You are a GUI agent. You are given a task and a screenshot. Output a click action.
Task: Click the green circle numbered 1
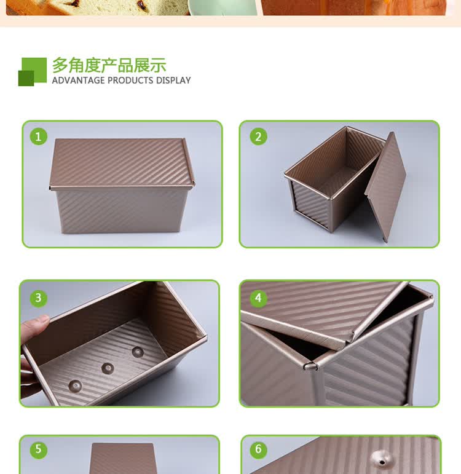pyautogui.click(x=38, y=136)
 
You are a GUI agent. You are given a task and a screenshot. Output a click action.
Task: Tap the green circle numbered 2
pyautogui.click(x=258, y=136)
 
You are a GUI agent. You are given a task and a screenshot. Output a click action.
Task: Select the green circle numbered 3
pyautogui.click(x=38, y=298)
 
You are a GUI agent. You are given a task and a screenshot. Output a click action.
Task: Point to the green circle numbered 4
pyautogui.click(x=258, y=298)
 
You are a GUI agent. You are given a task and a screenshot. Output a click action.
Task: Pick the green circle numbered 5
pyautogui.click(x=38, y=449)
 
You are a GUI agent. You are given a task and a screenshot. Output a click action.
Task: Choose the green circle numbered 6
pyautogui.click(x=258, y=449)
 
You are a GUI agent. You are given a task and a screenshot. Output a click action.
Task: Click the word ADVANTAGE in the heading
pyautogui.click(x=78, y=81)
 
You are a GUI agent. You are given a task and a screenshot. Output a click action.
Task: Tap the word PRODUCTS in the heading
pyautogui.click(x=130, y=81)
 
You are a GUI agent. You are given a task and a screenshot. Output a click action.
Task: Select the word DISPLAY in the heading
pyautogui.click(x=173, y=81)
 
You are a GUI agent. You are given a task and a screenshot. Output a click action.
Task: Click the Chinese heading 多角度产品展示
pyautogui.click(x=109, y=65)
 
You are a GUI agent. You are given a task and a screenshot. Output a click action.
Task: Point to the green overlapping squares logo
pyautogui.click(x=33, y=72)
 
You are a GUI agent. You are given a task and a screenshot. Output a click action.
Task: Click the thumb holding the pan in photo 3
pyautogui.click(x=34, y=326)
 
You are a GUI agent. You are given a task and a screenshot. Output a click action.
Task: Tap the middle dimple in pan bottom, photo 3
pyautogui.click(x=108, y=368)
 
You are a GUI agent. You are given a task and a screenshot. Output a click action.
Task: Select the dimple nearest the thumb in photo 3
pyautogui.click(x=75, y=386)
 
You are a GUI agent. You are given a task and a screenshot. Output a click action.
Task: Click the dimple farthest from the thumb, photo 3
pyautogui.click(x=138, y=352)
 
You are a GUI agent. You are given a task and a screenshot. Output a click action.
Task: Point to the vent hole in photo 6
pyautogui.click(x=382, y=462)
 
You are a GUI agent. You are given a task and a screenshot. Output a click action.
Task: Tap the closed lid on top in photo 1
pyautogui.click(x=122, y=164)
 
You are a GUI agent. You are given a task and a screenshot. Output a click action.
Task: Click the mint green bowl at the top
pyautogui.click(x=223, y=7)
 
